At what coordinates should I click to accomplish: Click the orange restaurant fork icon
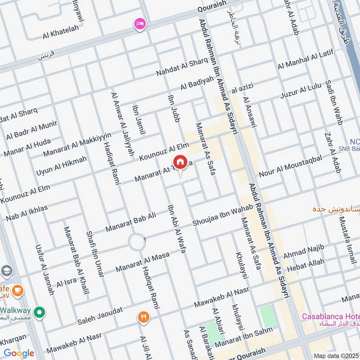pos(144,317)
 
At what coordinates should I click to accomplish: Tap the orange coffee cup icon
pos(17,290)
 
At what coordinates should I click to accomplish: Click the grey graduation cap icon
pos(7,270)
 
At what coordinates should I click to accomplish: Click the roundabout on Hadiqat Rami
pos(136,242)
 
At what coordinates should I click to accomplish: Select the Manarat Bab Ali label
pos(130,222)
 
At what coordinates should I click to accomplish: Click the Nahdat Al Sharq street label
pos(182,67)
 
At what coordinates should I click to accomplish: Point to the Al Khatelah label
pos(61,28)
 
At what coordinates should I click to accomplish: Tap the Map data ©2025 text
pos(336,355)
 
